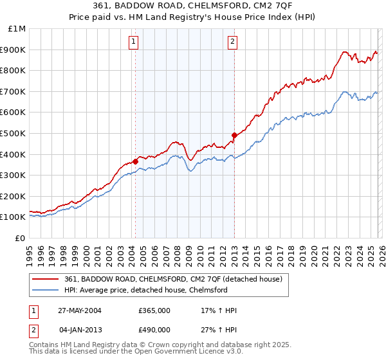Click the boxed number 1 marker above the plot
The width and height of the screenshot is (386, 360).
(x=133, y=43)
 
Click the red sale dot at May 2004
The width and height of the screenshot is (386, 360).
(x=136, y=161)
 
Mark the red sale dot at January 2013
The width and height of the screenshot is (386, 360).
(x=234, y=135)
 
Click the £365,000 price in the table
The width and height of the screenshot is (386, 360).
(x=154, y=310)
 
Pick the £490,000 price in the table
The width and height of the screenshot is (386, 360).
(x=154, y=330)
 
